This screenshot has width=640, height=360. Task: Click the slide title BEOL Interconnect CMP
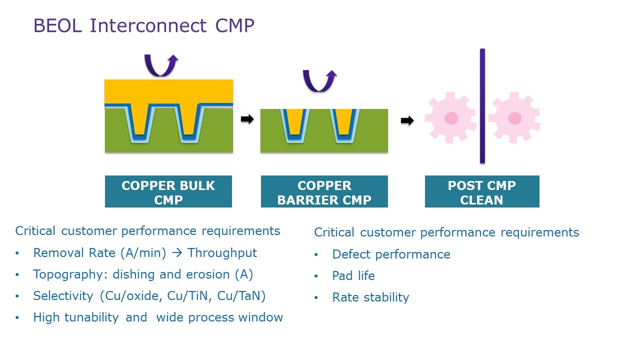143,26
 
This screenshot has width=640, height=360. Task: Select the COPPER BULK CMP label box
168,192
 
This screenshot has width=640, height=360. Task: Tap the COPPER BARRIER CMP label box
324,192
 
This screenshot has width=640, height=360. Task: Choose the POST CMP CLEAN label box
481,192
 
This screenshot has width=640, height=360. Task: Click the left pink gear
451,118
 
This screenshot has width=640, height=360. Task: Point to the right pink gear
514,118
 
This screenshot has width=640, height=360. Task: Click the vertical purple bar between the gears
482,106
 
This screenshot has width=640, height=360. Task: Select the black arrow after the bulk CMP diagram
247,119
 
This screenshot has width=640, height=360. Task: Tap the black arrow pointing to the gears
407,120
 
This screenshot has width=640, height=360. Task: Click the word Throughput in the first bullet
222,253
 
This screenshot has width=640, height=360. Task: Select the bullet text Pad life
353,276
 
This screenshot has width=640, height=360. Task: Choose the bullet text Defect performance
391,254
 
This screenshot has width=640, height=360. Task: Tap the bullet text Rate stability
370,297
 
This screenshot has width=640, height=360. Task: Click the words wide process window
219,317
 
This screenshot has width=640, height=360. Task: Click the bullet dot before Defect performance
316,255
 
